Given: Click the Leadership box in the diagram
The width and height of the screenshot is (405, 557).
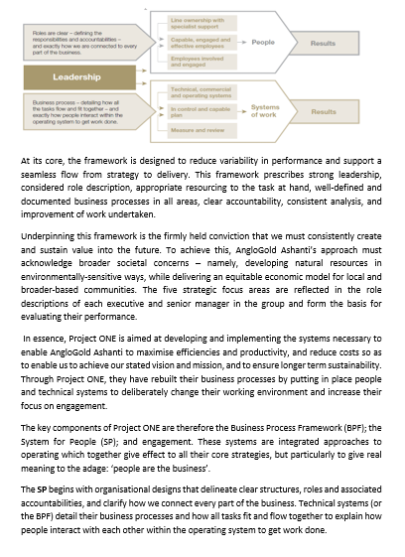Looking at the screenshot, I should [x=83, y=75].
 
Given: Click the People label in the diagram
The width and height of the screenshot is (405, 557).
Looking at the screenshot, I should [x=263, y=44].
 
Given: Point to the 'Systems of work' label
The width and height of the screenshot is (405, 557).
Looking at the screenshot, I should [x=265, y=111].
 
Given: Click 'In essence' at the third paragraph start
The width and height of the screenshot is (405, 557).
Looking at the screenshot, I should [x=42, y=338].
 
